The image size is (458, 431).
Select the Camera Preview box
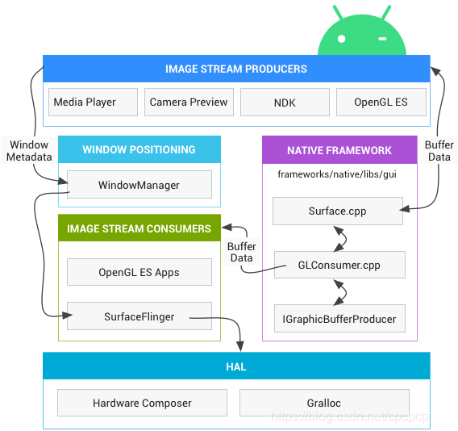(189, 103)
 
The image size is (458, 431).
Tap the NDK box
(285, 103)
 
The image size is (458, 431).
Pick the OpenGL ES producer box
(381, 103)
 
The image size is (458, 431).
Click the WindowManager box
(139, 185)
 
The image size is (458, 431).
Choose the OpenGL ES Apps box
(139, 272)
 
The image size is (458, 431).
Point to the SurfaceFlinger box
(139, 316)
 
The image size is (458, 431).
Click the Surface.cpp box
(338, 211)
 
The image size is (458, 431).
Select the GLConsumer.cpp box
(339, 265)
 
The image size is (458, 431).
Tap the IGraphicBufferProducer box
(339, 318)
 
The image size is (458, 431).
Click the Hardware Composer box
(142, 403)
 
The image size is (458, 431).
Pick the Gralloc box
(324, 403)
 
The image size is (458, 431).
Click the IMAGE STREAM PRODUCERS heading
(235, 69)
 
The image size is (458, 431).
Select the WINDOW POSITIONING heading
(139, 149)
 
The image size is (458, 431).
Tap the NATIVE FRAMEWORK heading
(339, 150)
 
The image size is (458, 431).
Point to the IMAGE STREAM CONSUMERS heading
(139, 228)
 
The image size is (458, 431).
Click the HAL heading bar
(235, 366)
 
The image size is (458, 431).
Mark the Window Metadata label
(29, 151)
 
